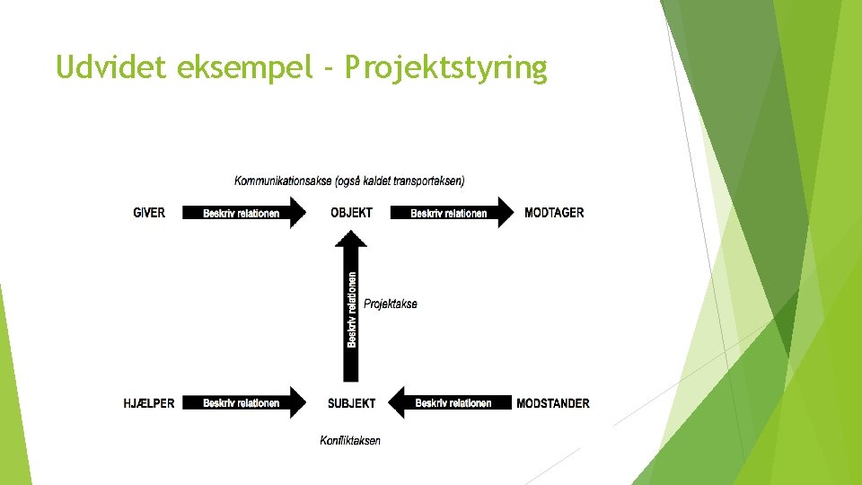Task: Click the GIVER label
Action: click(149, 213)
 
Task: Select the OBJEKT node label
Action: click(351, 213)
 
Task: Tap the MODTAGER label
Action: click(554, 213)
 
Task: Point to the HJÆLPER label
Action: click(149, 403)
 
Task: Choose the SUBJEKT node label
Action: click(351, 403)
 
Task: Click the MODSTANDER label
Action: click(553, 403)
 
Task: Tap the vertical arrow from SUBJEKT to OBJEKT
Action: click(351, 310)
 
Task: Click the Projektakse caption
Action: click(391, 304)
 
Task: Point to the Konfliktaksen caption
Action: click(350, 440)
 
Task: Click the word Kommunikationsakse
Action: click(282, 181)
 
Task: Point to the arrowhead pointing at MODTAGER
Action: click(506, 213)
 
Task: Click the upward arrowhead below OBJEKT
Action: click(351, 240)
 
